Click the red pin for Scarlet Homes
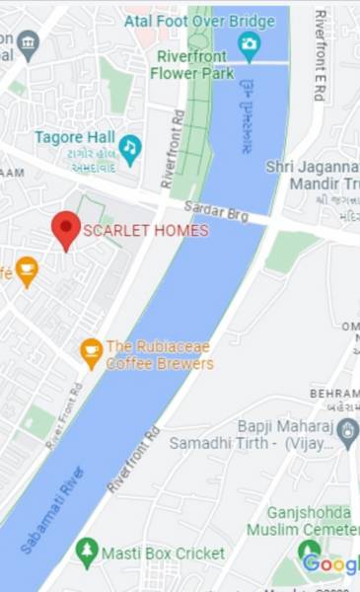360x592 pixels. click(66, 228)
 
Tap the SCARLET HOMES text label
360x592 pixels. click(146, 231)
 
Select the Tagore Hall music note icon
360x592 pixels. click(130, 148)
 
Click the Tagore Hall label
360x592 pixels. click(74, 137)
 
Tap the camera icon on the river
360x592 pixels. click(250, 43)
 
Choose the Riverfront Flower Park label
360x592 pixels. click(194, 64)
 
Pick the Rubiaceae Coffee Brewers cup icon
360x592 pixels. click(92, 351)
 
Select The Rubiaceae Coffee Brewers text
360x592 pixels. click(160, 354)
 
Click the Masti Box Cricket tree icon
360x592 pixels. click(88, 553)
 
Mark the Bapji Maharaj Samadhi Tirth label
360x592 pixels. click(251, 434)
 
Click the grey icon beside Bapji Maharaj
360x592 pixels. click(347, 430)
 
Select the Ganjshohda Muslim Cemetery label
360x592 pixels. click(309, 521)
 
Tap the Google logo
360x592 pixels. click(330, 563)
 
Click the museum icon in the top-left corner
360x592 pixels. click(28, 43)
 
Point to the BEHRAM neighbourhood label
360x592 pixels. click(334, 394)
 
